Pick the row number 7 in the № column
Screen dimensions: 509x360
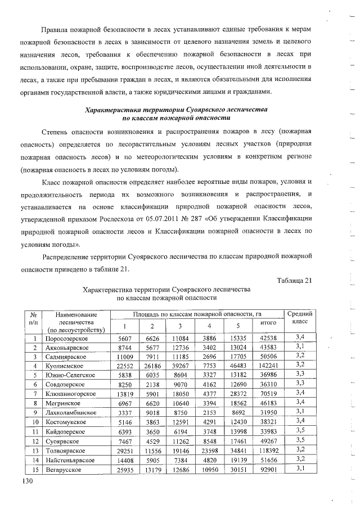click(x=34, y=393)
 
